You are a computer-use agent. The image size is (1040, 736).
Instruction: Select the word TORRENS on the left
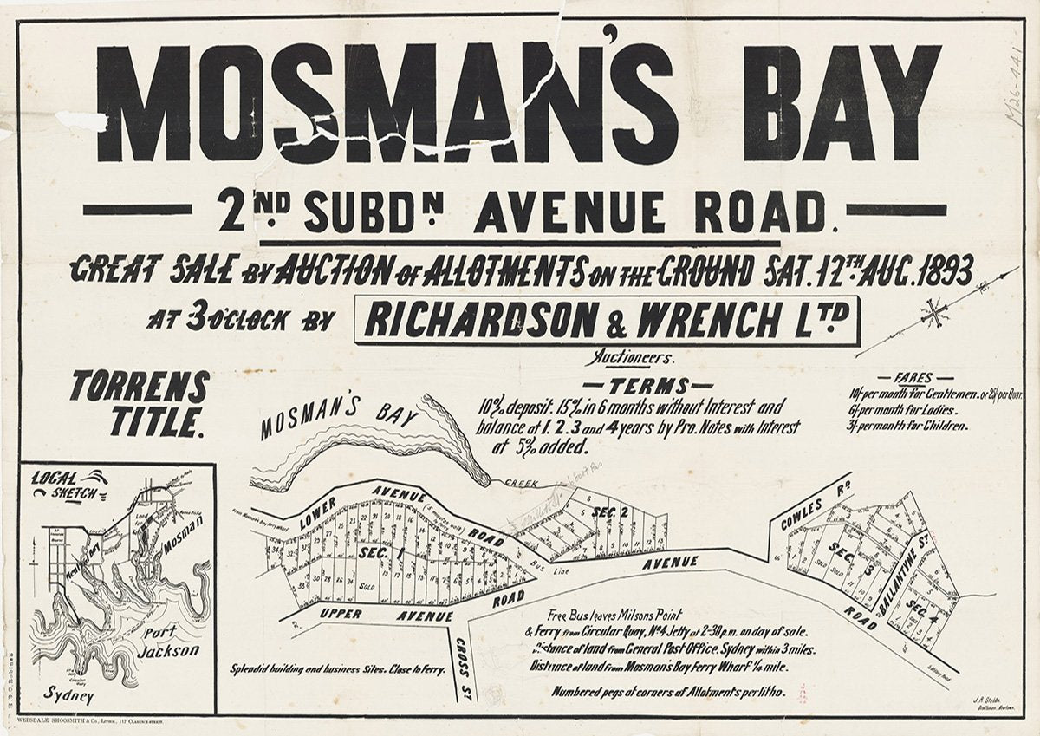[x=140, y=386]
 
